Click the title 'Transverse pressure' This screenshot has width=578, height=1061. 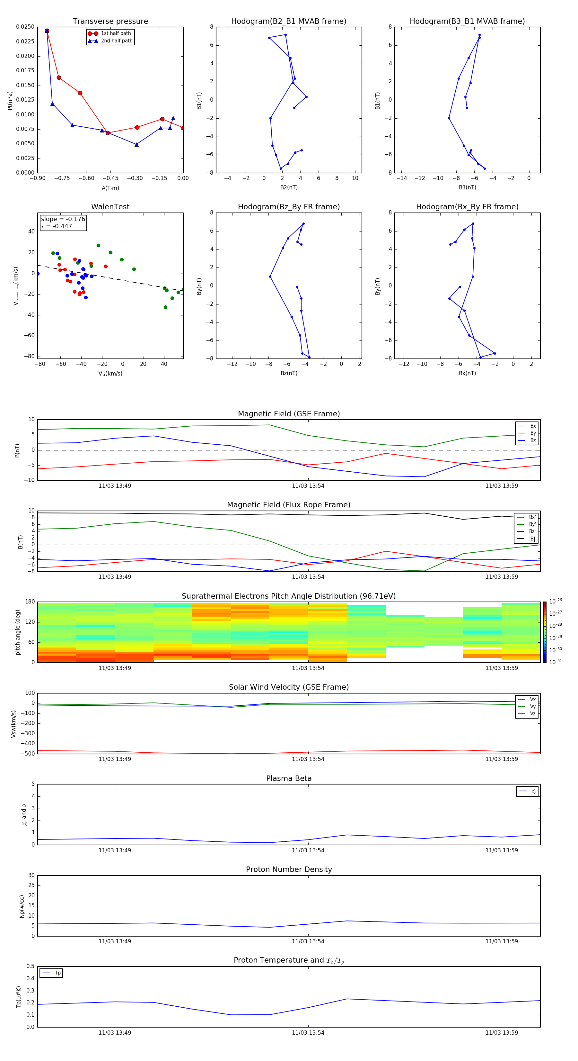tap(110, 22)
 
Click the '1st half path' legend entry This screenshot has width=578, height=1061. tap(116, 33)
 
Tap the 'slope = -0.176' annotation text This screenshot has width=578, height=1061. tap(63, 219)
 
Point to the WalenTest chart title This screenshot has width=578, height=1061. tap(110, 207)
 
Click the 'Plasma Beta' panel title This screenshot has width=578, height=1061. tap(289, 778)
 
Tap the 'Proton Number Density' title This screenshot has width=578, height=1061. tap(289, 869)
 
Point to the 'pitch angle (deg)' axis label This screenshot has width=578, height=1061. tap(18, 632)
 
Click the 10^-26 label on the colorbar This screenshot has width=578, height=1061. tap(556, 601)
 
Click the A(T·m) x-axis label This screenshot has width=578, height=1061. tap(110, 188)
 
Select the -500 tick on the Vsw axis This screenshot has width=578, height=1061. tap(28, 754)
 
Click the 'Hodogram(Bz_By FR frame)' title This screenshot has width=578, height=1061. tap(289, 207)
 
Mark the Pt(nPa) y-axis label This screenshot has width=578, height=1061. tap(10, 100)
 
